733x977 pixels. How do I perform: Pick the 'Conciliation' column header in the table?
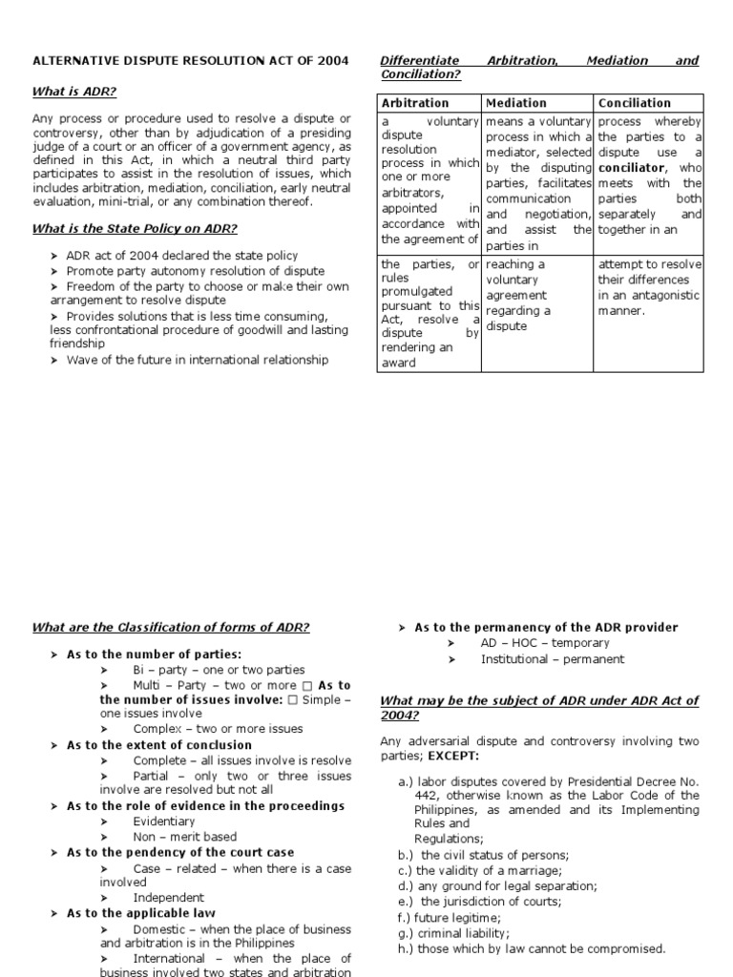635,103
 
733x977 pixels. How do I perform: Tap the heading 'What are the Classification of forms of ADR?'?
171,627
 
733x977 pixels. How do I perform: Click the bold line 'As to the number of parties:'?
154,654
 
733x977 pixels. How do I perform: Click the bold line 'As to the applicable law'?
140,913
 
